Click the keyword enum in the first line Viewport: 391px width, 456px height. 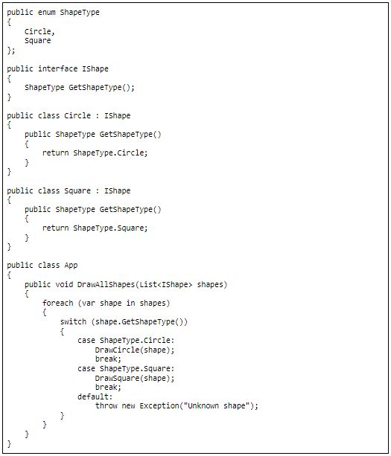(x=47, y=13)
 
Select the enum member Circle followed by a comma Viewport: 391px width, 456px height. (x=39, y=31)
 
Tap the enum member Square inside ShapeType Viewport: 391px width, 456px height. (x=37, y=41)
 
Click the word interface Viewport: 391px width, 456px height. (x=57, y=69)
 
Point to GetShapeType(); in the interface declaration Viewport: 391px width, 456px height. (x=101, y=88)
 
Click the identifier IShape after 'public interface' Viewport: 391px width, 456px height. (x=95, y=69)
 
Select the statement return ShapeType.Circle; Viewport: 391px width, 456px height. (x=95, y=153)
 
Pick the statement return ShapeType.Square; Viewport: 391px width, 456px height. (x=95, y=228)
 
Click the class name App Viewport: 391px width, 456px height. (x=71, y=266)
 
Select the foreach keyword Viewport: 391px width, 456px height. (x=57, y=303)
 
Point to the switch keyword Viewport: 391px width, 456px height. (x=73, y=321)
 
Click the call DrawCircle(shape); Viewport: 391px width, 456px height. (x=135, y=350)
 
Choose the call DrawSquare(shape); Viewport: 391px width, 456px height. (x=135, y=379)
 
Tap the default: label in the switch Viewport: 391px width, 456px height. (x=95, y=397)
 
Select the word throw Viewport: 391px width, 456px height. (x=106, y=406)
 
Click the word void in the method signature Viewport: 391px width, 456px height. (x=64, y=284)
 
